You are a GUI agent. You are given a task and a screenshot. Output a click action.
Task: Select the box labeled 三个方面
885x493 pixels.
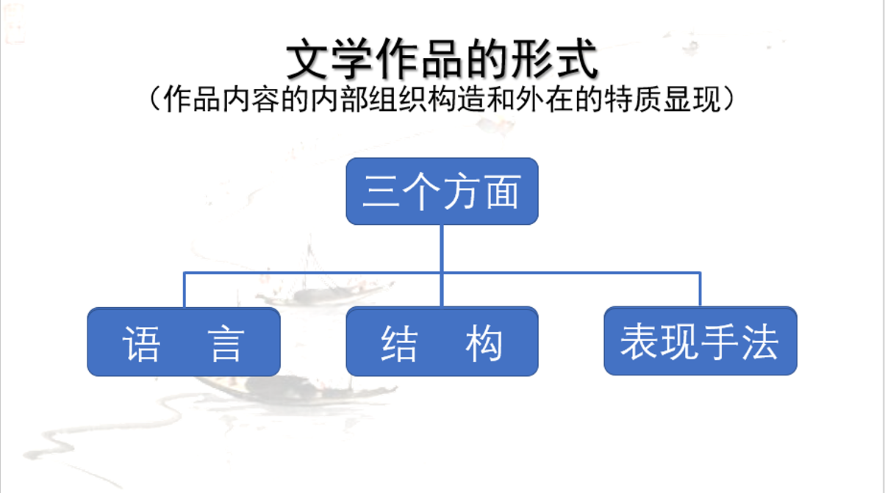pyautogui.click(x=442, y=191)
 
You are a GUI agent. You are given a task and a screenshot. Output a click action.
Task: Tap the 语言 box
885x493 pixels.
pyautogui.click(x=184, y=342)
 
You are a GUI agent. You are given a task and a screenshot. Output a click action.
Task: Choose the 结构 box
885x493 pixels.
pyautogui.click(x=442, y=342)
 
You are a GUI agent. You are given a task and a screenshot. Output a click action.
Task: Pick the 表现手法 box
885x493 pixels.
pyautogui.click(x=700, y=341)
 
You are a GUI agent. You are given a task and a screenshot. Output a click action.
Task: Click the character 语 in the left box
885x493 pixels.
pyautogui.click(x=141, y=343)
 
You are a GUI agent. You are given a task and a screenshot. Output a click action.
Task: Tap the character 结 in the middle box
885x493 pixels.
pyautogui.click(x=400, y=343)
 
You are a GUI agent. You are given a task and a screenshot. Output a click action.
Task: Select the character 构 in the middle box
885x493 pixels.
pyautogui.click(x=484, y=343)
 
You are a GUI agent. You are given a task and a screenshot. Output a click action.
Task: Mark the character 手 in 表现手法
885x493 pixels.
pyautogui.click(x=720, y=342)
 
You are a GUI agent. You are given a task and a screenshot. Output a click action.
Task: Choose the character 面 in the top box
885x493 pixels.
pyautogui.click(x=503, y=191)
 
